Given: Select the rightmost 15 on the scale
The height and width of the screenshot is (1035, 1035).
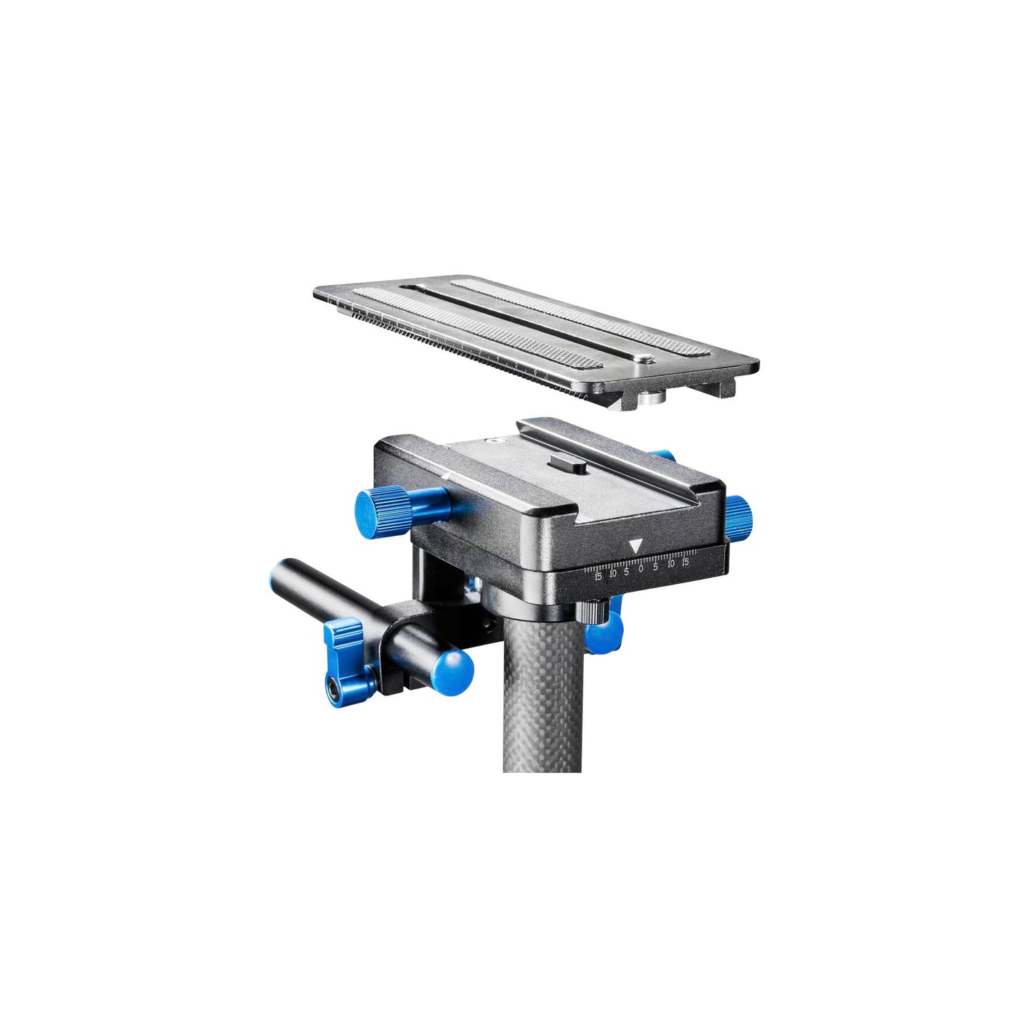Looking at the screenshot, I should [x=685, y=562].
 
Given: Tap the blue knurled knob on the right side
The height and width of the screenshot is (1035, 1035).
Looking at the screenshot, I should [x=741, y=511].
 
